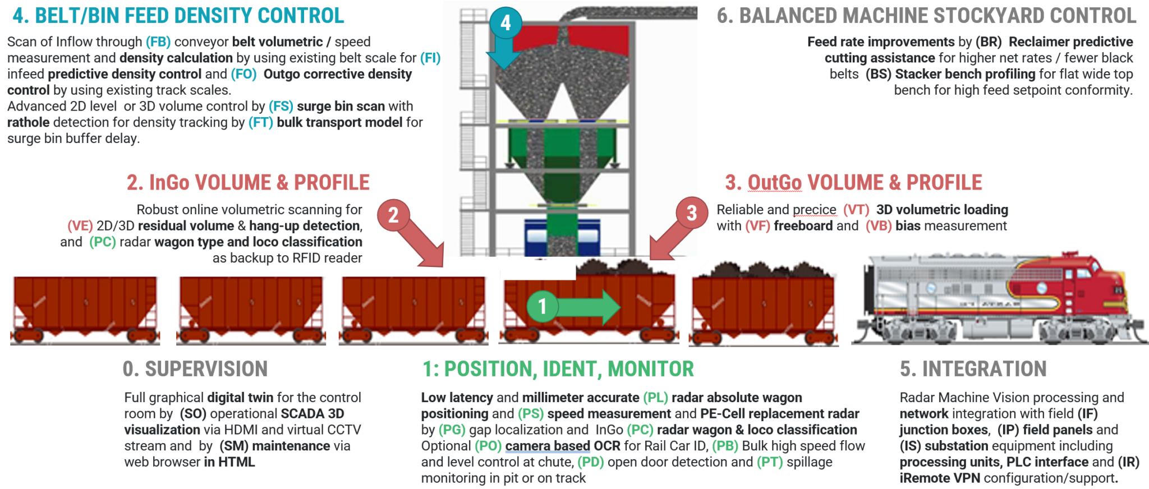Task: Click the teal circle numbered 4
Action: (505, 22)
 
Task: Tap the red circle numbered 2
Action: (393, 215)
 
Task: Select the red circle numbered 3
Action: (691, 213)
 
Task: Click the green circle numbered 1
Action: (542, 306)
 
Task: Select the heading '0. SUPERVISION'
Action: (195, 369)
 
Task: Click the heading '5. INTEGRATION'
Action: (973, 369)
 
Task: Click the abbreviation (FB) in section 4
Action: (158, 42)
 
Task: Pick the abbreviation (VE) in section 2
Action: (80, 226)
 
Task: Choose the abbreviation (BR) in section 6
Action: (988, 42)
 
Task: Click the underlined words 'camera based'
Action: (547, 446)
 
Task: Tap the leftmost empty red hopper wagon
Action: (85, 308)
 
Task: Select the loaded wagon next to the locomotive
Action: (763, 306)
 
